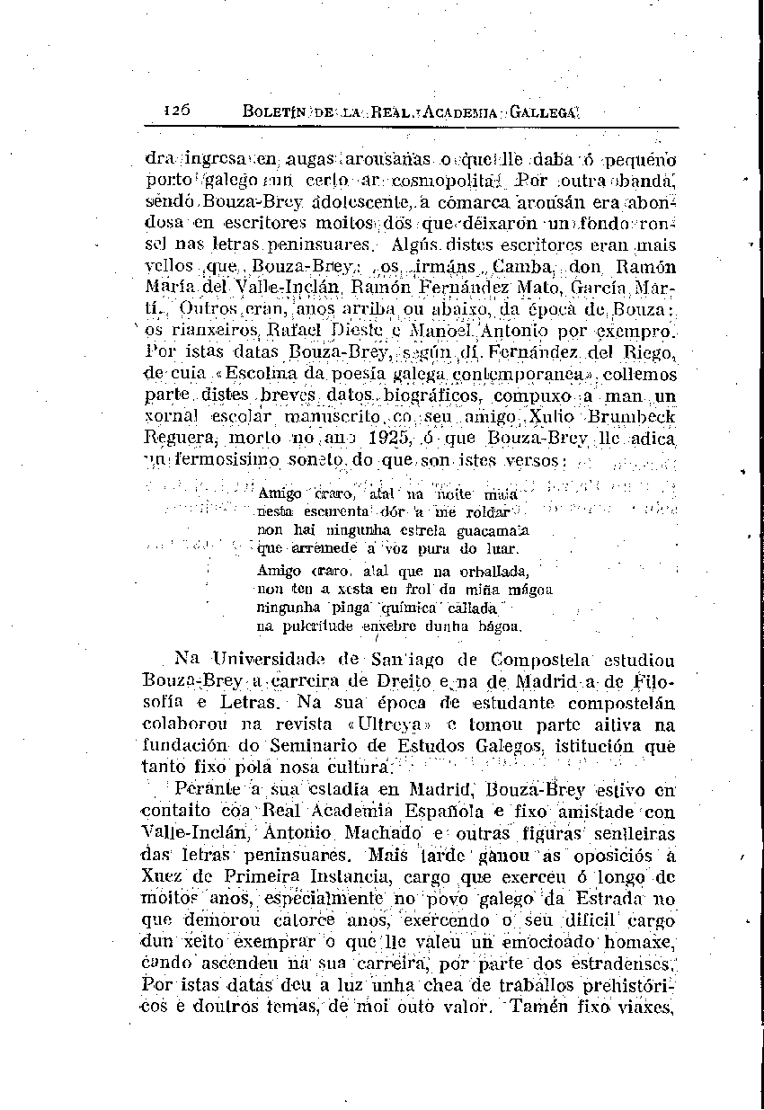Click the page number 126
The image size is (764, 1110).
[x=176, y=111]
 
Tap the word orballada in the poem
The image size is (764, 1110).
[x=493, y=571]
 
